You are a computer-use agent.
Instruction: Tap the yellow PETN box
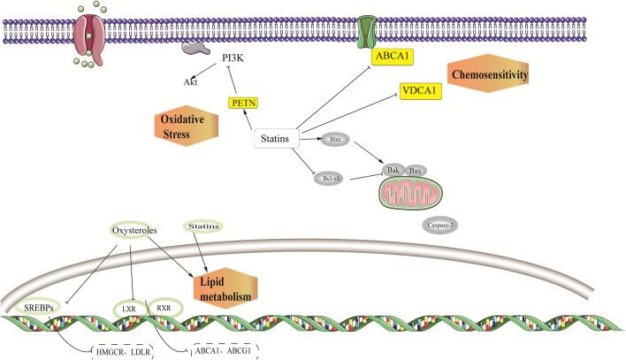tap(241, 103)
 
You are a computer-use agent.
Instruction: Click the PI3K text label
tap(234, 59)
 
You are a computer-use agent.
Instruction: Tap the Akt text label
tap(190, 81)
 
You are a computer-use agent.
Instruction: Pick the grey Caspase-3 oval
tap(439, 225)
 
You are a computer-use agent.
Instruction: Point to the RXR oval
tap(164, 307)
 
